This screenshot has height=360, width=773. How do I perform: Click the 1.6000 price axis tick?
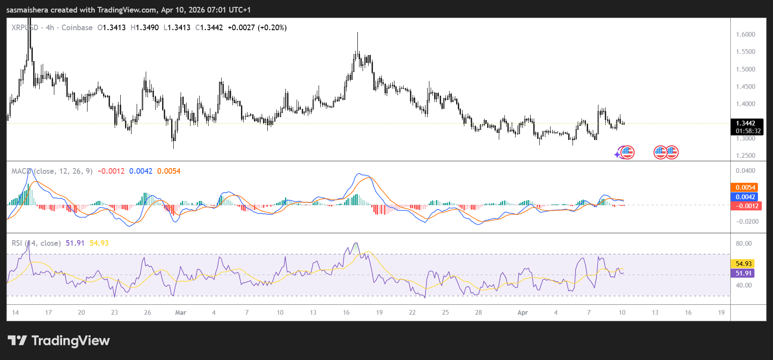745,34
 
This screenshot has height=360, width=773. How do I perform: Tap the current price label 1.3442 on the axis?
745,123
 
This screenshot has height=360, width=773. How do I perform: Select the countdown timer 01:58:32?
748,131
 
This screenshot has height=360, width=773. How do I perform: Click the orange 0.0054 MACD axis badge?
745,188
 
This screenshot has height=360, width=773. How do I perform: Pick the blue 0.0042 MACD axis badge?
745,197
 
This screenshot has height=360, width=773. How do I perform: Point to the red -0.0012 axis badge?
746,206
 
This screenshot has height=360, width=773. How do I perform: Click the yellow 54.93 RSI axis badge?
743,264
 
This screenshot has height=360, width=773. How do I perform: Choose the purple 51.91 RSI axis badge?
743,273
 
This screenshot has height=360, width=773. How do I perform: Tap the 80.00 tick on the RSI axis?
744,244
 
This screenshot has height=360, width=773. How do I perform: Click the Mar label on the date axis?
181,313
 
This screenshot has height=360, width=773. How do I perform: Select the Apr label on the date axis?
523,313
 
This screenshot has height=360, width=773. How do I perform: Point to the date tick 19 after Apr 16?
721,313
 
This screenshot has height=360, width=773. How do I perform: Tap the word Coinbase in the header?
77,28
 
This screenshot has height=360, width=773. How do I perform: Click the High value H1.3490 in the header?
144,28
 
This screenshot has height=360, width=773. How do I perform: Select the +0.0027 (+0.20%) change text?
257,28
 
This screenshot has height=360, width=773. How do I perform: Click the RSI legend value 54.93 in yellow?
99,243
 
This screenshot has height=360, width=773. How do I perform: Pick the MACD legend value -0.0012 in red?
111,171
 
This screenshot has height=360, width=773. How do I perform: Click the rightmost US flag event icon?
672,152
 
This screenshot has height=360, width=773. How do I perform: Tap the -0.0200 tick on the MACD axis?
747,222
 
